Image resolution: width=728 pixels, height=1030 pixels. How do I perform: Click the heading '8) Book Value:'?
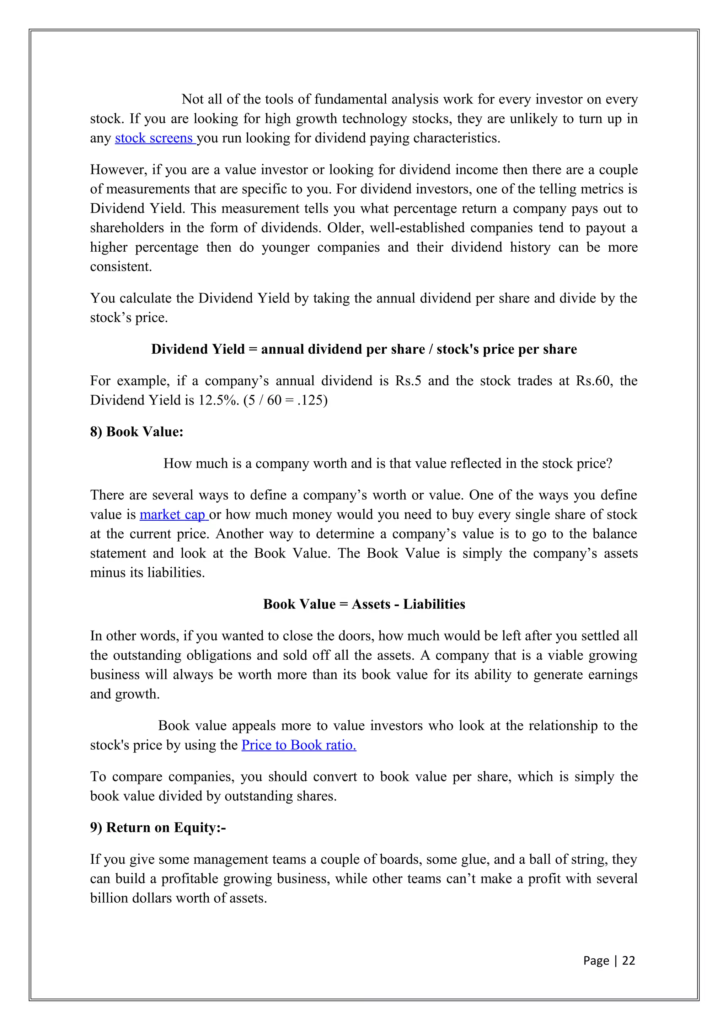[137, 431]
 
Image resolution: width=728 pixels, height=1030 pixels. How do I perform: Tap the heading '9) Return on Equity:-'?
[158, 827]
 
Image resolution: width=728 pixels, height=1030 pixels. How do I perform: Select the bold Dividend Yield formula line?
[364, 349]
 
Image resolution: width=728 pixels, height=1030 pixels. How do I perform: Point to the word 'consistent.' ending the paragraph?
[121, 267]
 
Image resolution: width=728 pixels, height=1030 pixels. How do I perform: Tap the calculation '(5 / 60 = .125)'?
[286, 400]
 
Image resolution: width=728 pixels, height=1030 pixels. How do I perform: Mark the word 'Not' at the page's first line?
[193, 99]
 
